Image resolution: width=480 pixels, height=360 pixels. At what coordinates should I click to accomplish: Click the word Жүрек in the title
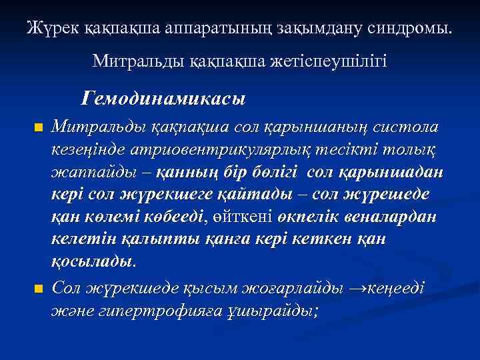point(49,28)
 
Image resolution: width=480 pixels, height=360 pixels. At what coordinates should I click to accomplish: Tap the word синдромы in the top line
point(409,28)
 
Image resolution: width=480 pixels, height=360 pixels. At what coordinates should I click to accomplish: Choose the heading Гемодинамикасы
point(163,99)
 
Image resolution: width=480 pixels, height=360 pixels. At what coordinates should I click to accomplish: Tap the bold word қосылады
point(93,262)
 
